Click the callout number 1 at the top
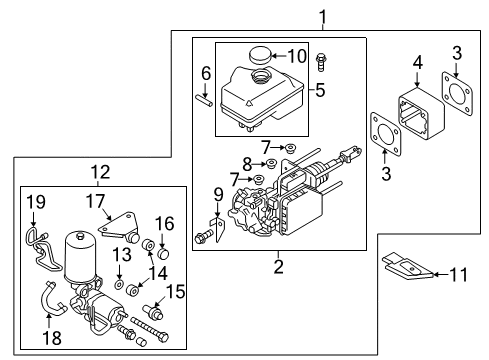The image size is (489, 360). point(322,14)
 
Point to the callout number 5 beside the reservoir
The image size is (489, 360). point(321,89)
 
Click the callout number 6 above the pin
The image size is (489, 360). point(206,73)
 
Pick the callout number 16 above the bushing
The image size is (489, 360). point(165,222)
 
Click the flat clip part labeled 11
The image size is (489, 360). point(410,268)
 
